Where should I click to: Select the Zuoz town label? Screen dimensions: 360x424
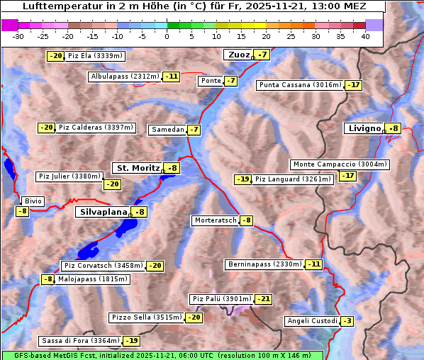click(238, 55)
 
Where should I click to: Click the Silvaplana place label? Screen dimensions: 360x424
click(103, 212)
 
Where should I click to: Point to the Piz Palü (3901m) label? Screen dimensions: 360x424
click(221, 299)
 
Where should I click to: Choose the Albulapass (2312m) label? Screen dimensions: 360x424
click(125, 77)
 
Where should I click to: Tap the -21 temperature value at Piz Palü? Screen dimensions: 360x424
click(263, 299)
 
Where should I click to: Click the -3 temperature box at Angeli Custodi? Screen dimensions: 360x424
click(347, 321)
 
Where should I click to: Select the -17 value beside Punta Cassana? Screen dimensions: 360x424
click(353, 85)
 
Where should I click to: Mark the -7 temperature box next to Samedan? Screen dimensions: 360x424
click(194, 130)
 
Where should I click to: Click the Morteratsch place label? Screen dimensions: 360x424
click(215, 220)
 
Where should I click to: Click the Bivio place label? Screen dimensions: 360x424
click(33, 201)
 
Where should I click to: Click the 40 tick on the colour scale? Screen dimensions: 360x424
click(365, 36)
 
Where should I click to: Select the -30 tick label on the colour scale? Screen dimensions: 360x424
click(18, 36)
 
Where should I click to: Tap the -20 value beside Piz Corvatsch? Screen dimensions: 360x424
click(155, 266)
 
